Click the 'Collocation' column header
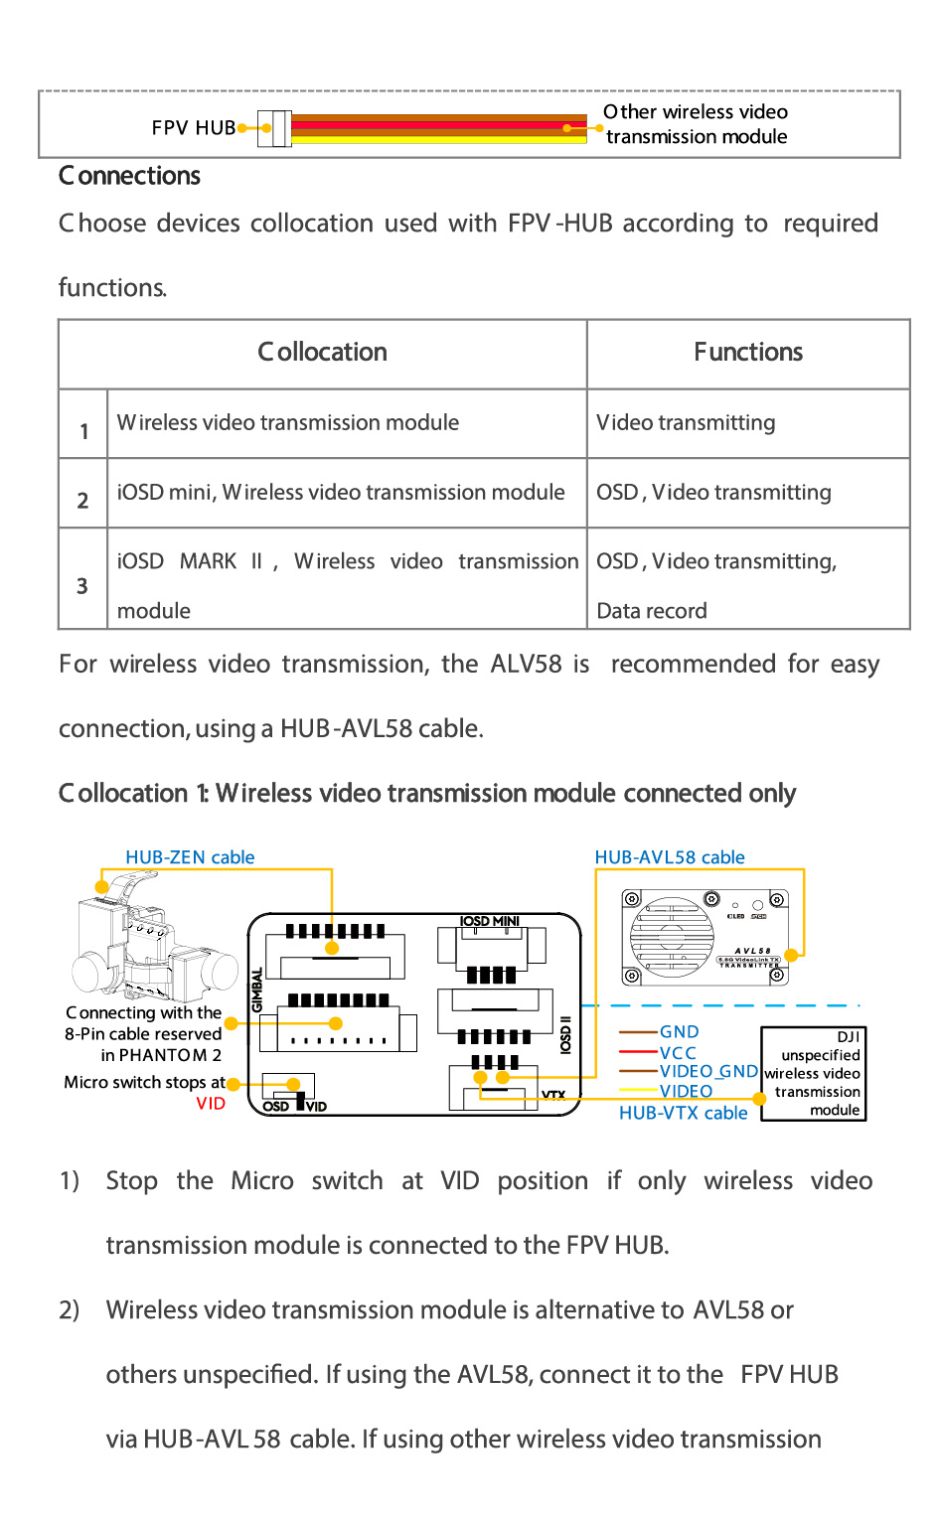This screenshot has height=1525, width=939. [322, 352]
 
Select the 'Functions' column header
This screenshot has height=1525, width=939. [748, 352]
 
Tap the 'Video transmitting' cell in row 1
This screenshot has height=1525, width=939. [686, 423]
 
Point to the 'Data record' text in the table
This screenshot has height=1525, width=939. [652, 611]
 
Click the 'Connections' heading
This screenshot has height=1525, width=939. [129, 176]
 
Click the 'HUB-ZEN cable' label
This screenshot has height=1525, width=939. [190, 857]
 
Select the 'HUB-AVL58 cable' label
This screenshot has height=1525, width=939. [670, 857]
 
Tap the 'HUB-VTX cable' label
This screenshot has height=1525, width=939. [683, 1113]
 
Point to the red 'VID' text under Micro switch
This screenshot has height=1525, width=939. [211, 1104]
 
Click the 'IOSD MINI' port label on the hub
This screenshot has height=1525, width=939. [490, 921]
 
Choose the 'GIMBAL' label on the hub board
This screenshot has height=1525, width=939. [256, 990]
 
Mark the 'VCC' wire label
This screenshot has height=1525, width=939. [678, 1052]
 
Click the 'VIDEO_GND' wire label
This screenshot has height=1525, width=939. [708, 1072]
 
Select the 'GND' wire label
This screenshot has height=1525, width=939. [679, 1032]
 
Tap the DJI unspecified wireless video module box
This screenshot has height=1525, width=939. [813, 1074]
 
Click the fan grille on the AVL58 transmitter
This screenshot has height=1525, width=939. [672, 936]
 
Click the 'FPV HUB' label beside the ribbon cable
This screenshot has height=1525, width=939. [194, 128]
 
